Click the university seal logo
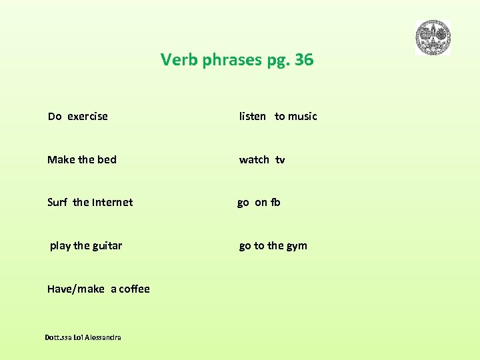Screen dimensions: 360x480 coord(433,37)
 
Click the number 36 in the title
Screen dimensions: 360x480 coord(304,60)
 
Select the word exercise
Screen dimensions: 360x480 coord(87,117)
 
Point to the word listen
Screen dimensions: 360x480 coord(253,117)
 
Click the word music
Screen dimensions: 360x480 coord(303,117)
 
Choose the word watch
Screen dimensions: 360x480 coord(254,160)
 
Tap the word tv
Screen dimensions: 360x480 coord(280,160)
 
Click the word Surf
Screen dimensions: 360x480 coord(57,203)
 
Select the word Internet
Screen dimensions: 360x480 coord(112,203)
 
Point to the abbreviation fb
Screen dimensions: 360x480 coord(275,203)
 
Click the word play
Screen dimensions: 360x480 coord(60,246)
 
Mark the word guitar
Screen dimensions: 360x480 coord(107,246)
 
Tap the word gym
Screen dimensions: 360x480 coord(297,246)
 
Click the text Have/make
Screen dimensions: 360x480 coord(76,289)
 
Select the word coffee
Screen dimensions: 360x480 coord(135,289)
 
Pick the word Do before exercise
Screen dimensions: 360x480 coord(55,117)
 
